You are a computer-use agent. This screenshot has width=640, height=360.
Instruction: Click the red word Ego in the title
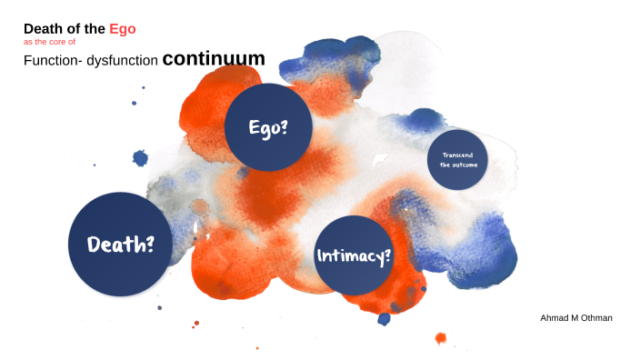pyautogui.click(x=123, y=29)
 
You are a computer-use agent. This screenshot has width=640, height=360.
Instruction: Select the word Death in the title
pyautogui.click(x=42, y=29)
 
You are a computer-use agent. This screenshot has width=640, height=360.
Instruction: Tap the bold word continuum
pyautogui.click(x=214, y=59)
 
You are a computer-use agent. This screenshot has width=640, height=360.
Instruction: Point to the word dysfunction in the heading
pyautogui.click(x=123, y=61)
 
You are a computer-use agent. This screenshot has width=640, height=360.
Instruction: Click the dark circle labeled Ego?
pyautogui.click(x=268, y=126)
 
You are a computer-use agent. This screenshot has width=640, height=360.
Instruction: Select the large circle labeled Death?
pyautogui.click(x=120, y=243)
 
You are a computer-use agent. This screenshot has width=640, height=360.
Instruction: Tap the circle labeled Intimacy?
pyautogui.click(x=354, y=255)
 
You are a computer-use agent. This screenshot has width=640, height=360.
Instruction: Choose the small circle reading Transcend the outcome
pyautogui.click(x=457, y=160)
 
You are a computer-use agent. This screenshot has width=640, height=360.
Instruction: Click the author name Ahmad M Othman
pyautogui.click(x=576, y=317)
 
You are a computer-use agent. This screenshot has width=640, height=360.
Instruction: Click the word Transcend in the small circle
pyautogui.click(x=457, y=155)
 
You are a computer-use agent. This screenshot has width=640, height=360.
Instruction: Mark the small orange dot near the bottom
pyautogui.click(x=441, y=338)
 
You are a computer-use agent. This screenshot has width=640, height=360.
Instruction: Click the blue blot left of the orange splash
pyautogui.click(x=140, y=158)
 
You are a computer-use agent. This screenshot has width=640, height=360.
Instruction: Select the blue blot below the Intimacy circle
pyautogui.click(x=385, y=318)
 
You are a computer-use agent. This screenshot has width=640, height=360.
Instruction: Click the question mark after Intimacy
pyautogui.click(x=388, y=255)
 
